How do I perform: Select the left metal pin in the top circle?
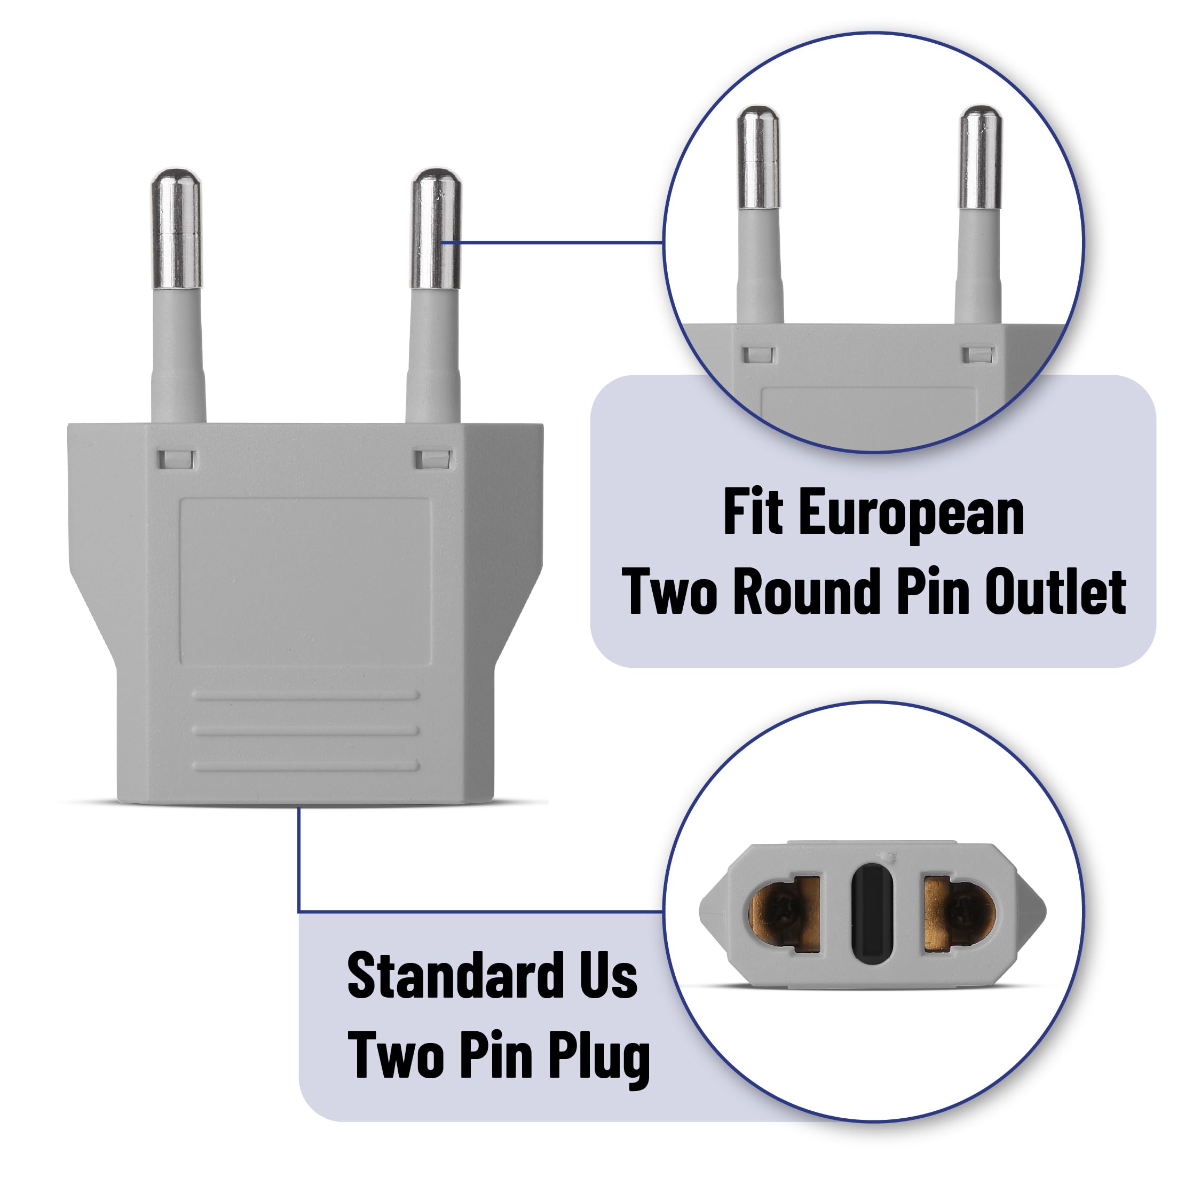pos(758,158)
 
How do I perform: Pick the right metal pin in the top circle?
pos(981,158)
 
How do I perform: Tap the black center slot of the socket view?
pos(873,913)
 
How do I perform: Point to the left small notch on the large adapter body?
pos(177,460)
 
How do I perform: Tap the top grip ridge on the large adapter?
pos(306,695)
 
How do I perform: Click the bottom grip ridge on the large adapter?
pos(306,765)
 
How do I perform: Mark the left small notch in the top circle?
pos(758,355)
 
